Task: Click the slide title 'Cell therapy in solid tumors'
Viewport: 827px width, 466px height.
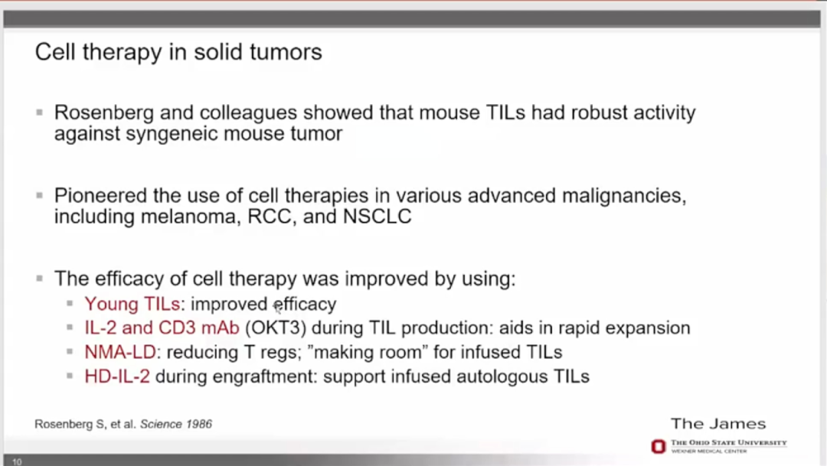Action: pyautogui.click(x=178, y=53)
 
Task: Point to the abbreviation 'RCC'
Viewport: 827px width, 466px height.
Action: pyautogui.click(x=270, y=217)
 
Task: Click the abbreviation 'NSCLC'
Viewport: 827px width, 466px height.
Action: pyautogui.click(x=377, y=217)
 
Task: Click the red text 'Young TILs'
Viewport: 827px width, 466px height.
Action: pyautogui.click(x=132, y=305)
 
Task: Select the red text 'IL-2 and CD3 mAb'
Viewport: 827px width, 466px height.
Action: pyautogui.click(x=162, y=328)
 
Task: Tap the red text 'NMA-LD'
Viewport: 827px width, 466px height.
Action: pyautogui.click(x=120, y=352)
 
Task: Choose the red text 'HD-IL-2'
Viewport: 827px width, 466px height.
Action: pyautogui.click(x=117, y=376)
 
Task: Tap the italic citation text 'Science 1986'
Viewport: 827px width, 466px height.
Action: pyautogui.click(x=176, y=425)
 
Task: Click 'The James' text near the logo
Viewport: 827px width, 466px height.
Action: pyautogui.click(x=718, y=424)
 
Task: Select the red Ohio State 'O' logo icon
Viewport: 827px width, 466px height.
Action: pyautogui.click(x=659, y=447)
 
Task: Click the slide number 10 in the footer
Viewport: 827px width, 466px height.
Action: pyautogui.click(x=17, y=461)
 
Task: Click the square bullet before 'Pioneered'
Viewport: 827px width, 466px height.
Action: pyautogui.click(x=40, y=196)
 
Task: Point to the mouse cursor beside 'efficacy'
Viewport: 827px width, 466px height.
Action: pyautogui.click(x=277, y=307)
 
